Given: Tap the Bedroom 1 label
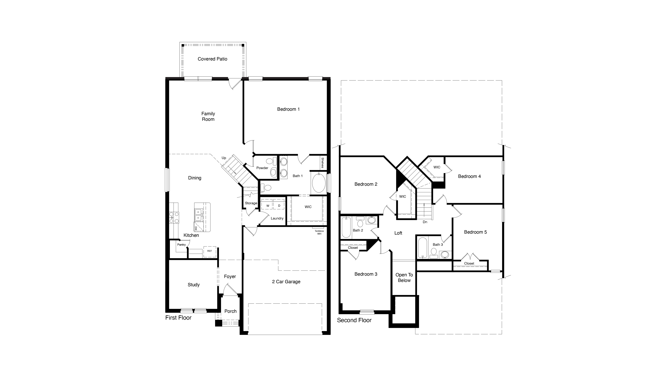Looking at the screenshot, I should pos(288,109).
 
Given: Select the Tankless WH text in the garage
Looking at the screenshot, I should pos(319,232).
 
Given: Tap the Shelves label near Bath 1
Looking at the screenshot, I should pos(323,163).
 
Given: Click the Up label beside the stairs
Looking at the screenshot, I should pos(224,158).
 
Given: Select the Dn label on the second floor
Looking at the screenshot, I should pos(425,222).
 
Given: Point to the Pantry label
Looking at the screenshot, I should pos(182,245).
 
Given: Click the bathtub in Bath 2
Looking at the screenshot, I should pos(346,227).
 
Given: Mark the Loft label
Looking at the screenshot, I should pos(398,233).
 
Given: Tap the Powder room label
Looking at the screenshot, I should pos(262,168).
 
